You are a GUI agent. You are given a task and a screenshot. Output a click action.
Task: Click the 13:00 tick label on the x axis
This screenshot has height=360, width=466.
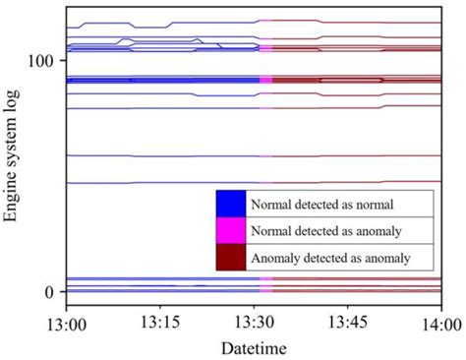tap(66, 322)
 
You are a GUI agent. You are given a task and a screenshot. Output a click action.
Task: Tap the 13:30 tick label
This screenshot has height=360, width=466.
tap(255, 322)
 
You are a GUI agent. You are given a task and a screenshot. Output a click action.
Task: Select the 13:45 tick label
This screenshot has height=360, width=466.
tap(349, 322)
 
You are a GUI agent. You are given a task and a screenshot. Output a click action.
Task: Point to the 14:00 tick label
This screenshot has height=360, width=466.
tap(441, 322)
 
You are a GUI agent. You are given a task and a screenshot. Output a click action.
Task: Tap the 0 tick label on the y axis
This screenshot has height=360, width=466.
tap(47, 292)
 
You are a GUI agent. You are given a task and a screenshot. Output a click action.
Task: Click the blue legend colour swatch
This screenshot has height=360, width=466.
tap(230, 205)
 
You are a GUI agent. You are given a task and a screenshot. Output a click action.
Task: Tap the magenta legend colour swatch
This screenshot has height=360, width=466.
tap(230, 231)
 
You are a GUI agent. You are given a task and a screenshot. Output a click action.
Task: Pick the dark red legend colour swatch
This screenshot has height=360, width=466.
tap(230, 258)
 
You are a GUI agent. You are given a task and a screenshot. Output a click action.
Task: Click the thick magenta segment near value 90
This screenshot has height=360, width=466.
tap(265, 80)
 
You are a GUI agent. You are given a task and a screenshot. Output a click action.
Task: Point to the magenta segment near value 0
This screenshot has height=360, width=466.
tap(265, 284)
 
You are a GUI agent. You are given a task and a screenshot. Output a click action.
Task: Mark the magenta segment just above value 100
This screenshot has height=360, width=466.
tap(265, 45)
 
